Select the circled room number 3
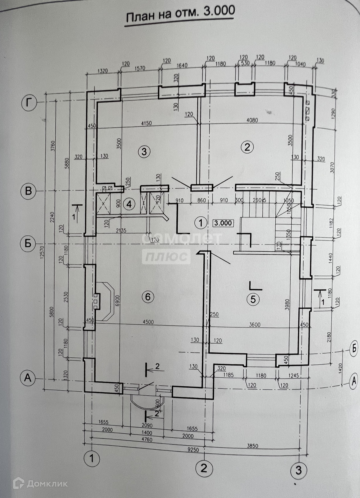point(144,151)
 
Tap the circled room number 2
point(247,147)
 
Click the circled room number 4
point(129,204)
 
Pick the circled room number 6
point(148,296)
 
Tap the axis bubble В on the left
point(29,191)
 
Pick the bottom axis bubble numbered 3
point(298,470)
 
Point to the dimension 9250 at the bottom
point(192,449)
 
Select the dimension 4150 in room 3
point(146,123)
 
